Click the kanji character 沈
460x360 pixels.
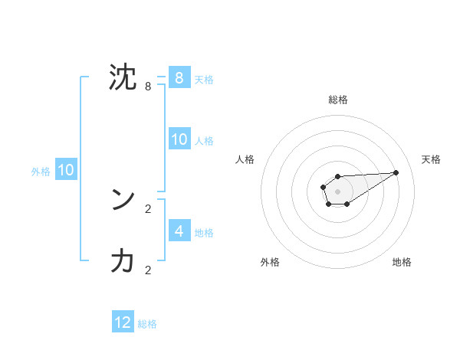[x=123, y=78]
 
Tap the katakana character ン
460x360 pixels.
[x=123, y=200]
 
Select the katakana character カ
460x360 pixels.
[x=123, y=262]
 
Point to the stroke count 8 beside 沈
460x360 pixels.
[x=148, y=87]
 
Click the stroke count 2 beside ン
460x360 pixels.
[x=148, y=208]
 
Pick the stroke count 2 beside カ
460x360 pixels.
[x=148, y=270]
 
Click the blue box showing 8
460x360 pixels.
[x=179, y=77]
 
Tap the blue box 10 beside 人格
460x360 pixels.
[x=179, y=139]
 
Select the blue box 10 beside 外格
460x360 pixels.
[x=65, y=170]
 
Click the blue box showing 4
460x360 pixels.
[x=179, y=231]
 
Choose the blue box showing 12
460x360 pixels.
[x=123, y=322]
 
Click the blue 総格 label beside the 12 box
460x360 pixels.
[x=147, y=324]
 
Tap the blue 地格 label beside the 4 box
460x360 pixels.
[x=204, y=233]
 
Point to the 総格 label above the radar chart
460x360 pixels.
[x=337, y=100]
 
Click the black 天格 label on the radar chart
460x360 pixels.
[x=431, y=159]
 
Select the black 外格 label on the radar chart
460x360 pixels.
[x=270, y=262]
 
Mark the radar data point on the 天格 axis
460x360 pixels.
[x=396, y=172]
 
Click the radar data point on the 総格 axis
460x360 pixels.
[x=337, y=176]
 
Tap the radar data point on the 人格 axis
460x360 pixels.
[x=323, y=186]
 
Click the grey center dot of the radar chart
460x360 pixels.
[x=337, y=191]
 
